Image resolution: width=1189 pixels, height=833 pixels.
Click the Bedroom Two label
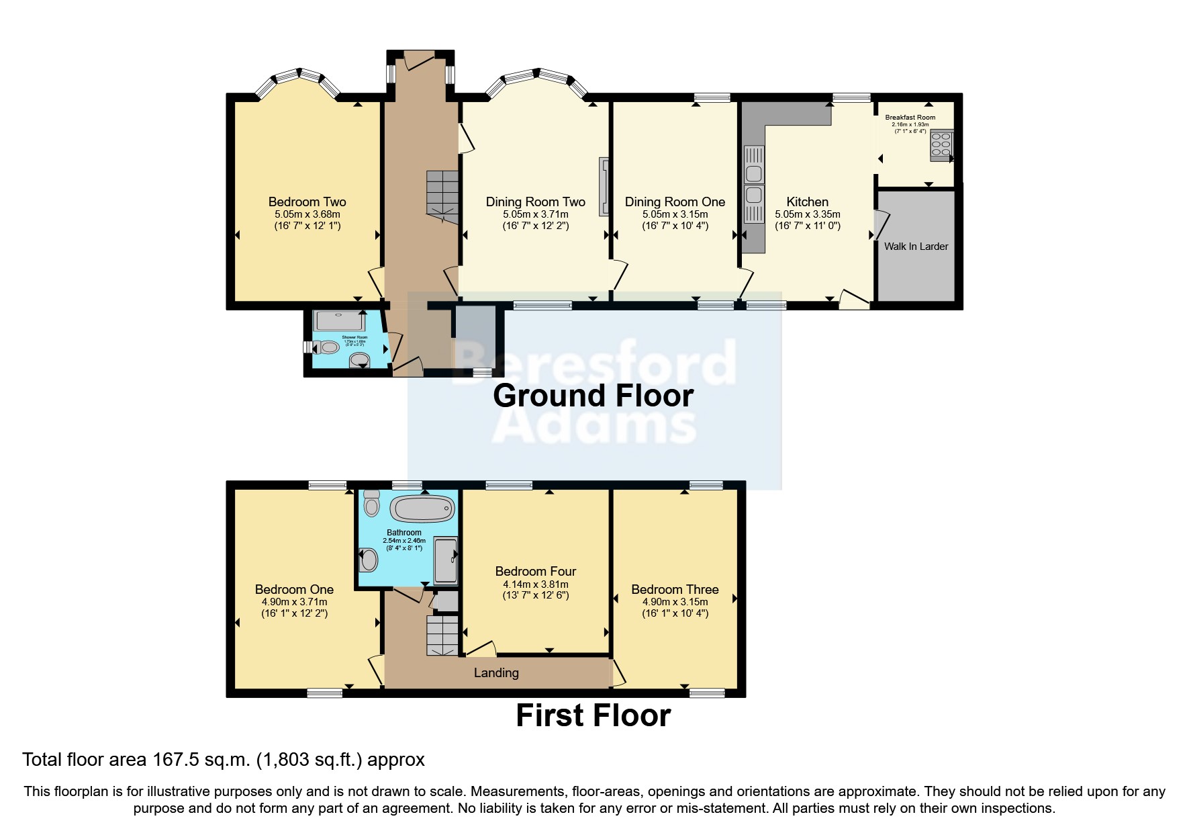[x=307, y=202]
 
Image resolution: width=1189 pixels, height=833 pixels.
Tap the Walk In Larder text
[x=916, y=247]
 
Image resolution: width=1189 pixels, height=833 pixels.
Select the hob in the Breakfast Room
[x=940, y=146]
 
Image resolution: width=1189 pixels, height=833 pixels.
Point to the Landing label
[x=496, y=672]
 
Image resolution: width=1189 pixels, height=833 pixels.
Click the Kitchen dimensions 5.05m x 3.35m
[x=808, y=214]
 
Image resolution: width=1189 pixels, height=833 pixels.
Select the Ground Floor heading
[x=593, y=396]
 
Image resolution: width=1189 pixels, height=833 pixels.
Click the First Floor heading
[x=593, y=715]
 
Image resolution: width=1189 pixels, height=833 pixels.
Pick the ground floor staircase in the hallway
[x=441, y=195]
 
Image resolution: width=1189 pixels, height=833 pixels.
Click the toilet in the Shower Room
[x=328, y=347]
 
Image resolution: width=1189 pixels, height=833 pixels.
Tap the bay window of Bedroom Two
[x=299, y=77]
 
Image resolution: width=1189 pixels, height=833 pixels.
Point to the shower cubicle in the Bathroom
[x=446, y=560]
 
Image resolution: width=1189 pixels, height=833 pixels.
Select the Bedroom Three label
[x=675, y=589]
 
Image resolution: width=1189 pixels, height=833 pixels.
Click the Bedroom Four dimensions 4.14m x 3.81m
[x=535, y=584]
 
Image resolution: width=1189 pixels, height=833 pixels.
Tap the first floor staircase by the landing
[x=442, y=635]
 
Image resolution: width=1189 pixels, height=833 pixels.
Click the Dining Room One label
[x=675, y=202]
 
